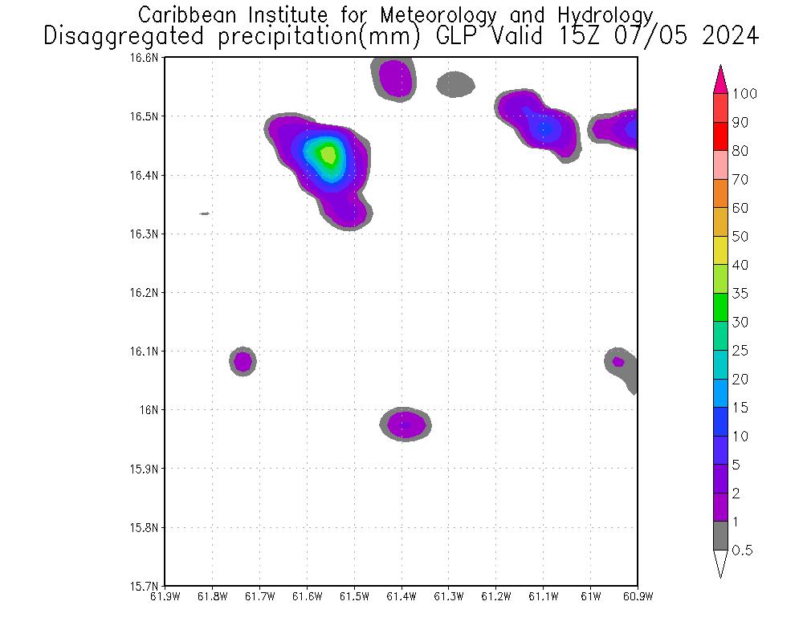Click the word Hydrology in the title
pyautogui.click(x=603, y=14)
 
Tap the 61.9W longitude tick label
pyautogui.click(x=165, y=596)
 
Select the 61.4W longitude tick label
pyautogui.click(x=401, y=596)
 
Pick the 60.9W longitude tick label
pyautogui.click(x=637, y=596)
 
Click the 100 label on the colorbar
pyautogui.click(x=744, y=94)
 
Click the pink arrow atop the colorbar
pyautogui.click(x=720, y=79)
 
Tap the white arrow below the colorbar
pyautogui.click(x=720, y=563)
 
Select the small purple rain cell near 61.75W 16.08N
pyautogui.click(x=243, y=362)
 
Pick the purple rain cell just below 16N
pyautogui.click(x=405, y=425)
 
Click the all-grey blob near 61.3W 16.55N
pyautogui.click(x=455, y=83)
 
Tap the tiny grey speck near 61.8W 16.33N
pyautogui.click(x=204, y=213)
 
